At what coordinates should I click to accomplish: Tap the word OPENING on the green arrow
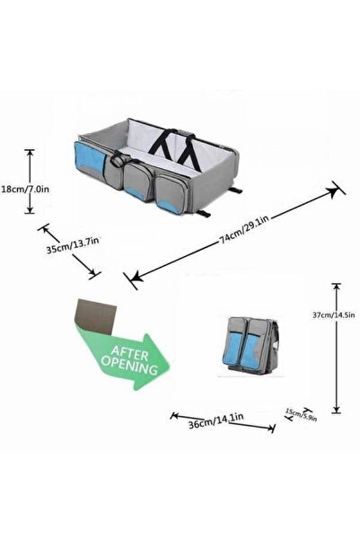134,367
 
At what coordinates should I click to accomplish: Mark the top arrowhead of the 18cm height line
31,152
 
